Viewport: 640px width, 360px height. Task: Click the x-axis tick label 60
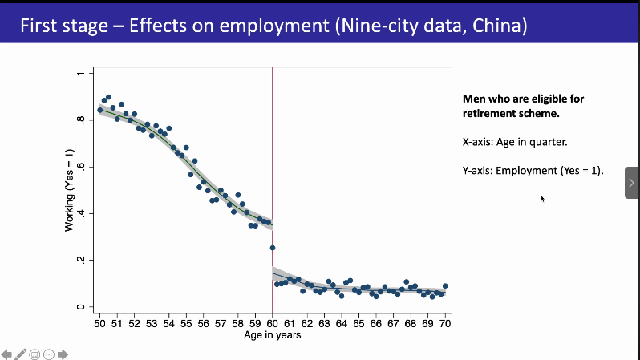tap(273, 324)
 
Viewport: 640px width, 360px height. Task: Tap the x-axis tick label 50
tap(99, 324)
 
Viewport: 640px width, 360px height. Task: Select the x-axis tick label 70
tap(445, 324)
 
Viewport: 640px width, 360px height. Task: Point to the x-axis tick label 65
tap(358, 324)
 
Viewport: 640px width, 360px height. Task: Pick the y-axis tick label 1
tap(80, 75)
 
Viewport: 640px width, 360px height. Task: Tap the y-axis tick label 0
tap(80, 307)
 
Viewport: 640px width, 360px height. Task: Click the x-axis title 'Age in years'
tap(273, 335)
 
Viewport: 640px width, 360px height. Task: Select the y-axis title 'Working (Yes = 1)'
tap(70, 191)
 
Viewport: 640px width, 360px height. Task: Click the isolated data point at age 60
tap(273, 248)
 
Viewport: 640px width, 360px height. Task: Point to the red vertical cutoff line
tap(273, 160)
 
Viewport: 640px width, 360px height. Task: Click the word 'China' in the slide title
tap(497, 26)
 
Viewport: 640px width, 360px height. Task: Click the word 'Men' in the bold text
tap(474, 99)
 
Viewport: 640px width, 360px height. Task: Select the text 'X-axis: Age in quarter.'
tap(515, 142)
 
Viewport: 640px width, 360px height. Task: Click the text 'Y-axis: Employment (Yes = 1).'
tap(533, 171)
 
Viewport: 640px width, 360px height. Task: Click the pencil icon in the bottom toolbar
tap(21, 354)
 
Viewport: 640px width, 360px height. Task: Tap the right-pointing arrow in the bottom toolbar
tap(63, 354)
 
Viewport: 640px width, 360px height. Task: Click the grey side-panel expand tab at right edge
tap(632, 183)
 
